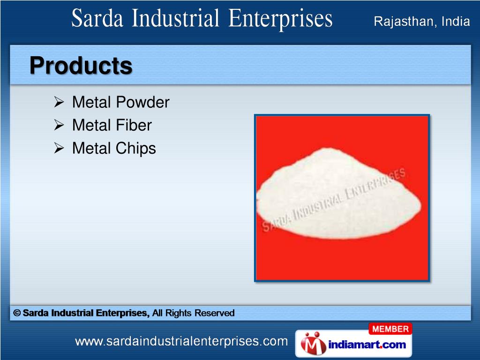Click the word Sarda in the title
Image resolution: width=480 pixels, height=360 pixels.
coord(97,20)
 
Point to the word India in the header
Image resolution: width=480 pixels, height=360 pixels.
coord(454,21)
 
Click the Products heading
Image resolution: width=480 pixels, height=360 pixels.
coord(81,66)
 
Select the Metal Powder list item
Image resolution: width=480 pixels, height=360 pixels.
coord(120,102)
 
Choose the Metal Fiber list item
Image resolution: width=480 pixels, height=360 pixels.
coord(112,125)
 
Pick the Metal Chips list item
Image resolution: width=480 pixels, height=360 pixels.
coord(114,149)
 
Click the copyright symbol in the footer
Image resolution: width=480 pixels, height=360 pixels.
coord(17,313)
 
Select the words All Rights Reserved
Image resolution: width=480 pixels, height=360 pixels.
coord(193,313)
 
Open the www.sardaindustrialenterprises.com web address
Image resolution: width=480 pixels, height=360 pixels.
coord(181,342)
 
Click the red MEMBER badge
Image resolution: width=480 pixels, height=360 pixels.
coord(390,329)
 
